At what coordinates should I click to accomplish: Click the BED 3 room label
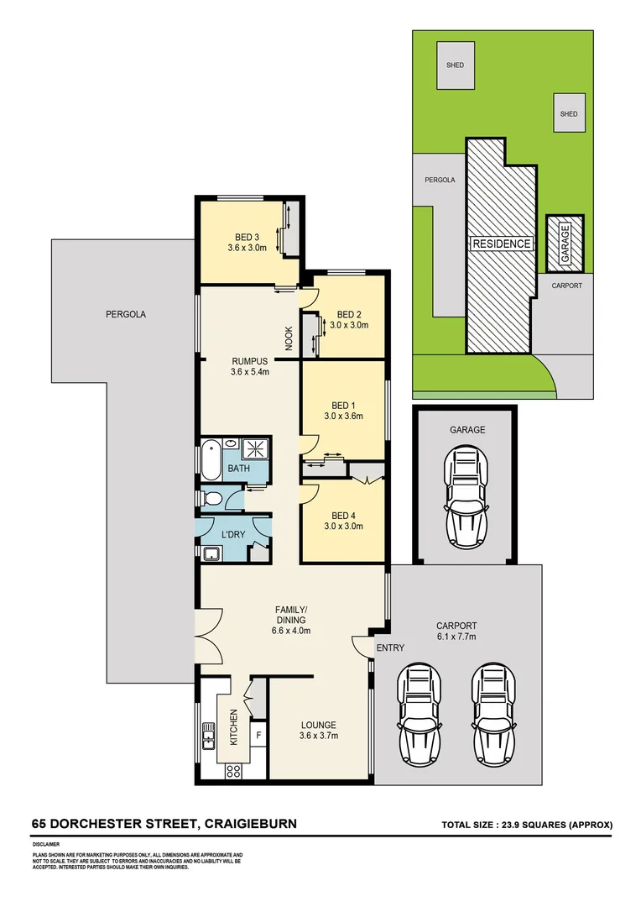[x=247, y=236]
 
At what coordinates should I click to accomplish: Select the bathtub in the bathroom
[x=211, y=459]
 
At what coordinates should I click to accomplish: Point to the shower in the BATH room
[x=254, y=448]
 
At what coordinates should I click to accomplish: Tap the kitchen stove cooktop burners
[x=234, y=771]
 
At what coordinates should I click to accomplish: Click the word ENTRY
[x=390, y=647]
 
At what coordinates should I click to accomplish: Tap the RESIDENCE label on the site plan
[x=501, y=244]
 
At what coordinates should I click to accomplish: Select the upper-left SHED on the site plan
[x=455, y=66]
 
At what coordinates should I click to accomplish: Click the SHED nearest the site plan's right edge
[x=569, y=114]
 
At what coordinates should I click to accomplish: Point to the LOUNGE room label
[x=319, y=725]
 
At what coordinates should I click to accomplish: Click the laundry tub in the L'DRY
[x=211, y=553]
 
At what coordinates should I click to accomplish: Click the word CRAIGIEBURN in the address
[x=248, y=824]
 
